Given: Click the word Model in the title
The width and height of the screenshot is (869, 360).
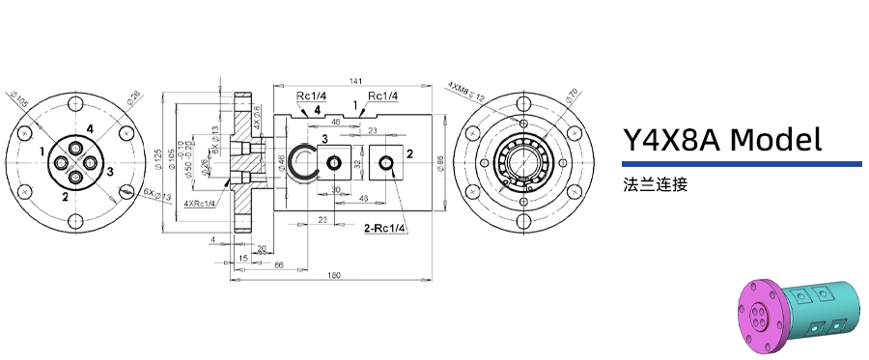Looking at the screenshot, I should (x=775, y=140).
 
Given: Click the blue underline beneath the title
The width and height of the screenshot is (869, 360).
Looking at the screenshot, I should (x=742, y=164).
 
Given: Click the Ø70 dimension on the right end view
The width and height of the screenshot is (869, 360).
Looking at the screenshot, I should (x=572, y=94).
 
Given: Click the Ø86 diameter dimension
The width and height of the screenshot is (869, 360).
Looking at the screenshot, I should (x=440, y=163).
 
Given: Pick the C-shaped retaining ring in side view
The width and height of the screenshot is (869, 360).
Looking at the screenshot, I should (x=306, y=162).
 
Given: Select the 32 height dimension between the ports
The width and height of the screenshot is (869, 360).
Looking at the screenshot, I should (x=356, y=164).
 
